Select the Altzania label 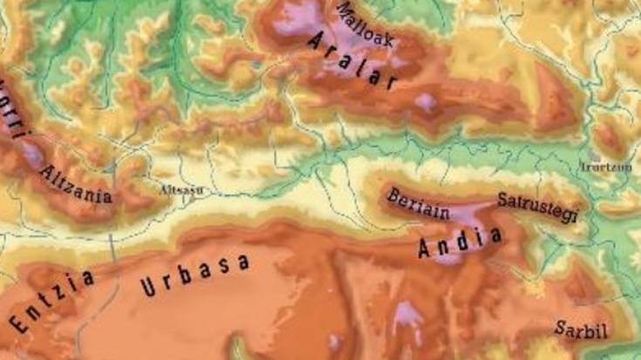(x=77, y=185)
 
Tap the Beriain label (x=421, y=201)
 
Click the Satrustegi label (x=538, y=206)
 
